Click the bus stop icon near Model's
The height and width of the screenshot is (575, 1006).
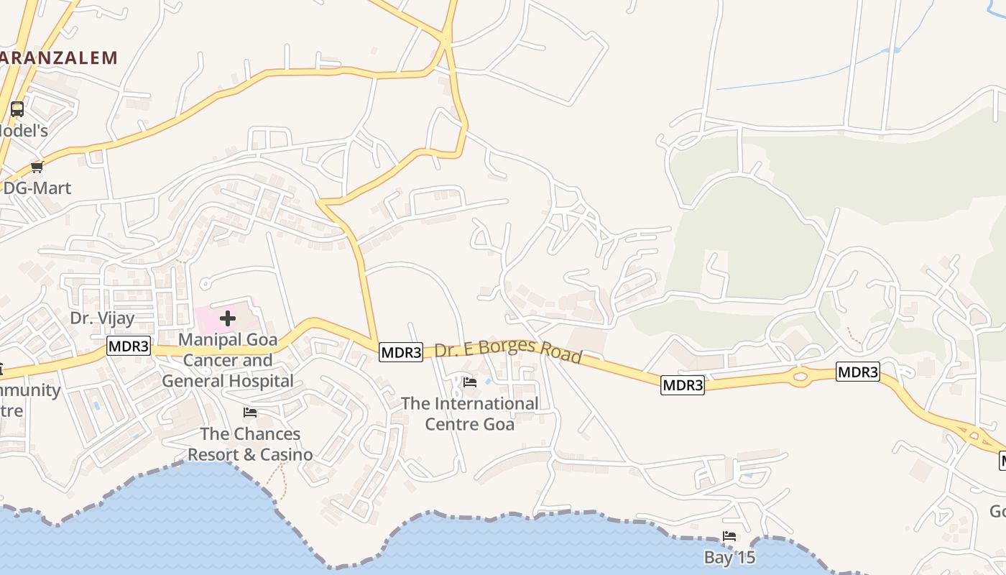(17, 109)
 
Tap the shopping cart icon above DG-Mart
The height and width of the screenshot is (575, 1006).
(37, 167)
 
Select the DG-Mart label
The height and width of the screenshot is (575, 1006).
(37, 188)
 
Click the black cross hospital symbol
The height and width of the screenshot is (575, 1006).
(228, 318)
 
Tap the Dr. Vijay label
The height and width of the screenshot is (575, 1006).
(102, 317)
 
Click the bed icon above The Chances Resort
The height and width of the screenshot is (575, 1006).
(250, 413)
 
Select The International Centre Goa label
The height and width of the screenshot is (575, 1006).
(469, 413)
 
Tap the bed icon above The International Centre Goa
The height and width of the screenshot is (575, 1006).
(470, 382)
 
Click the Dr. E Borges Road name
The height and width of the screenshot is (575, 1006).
(508, 351)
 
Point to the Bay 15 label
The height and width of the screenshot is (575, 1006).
(729, 557)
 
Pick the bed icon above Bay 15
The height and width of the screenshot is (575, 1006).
(729, 536)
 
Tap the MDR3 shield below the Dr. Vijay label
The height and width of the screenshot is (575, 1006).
(129, 346)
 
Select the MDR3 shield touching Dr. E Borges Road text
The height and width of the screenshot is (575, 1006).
(401, 352)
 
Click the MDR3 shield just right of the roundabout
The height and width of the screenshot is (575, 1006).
(858, 372)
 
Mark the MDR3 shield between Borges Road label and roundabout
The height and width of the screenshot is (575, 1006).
(683, 385)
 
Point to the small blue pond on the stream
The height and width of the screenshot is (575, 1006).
(891, 50)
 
